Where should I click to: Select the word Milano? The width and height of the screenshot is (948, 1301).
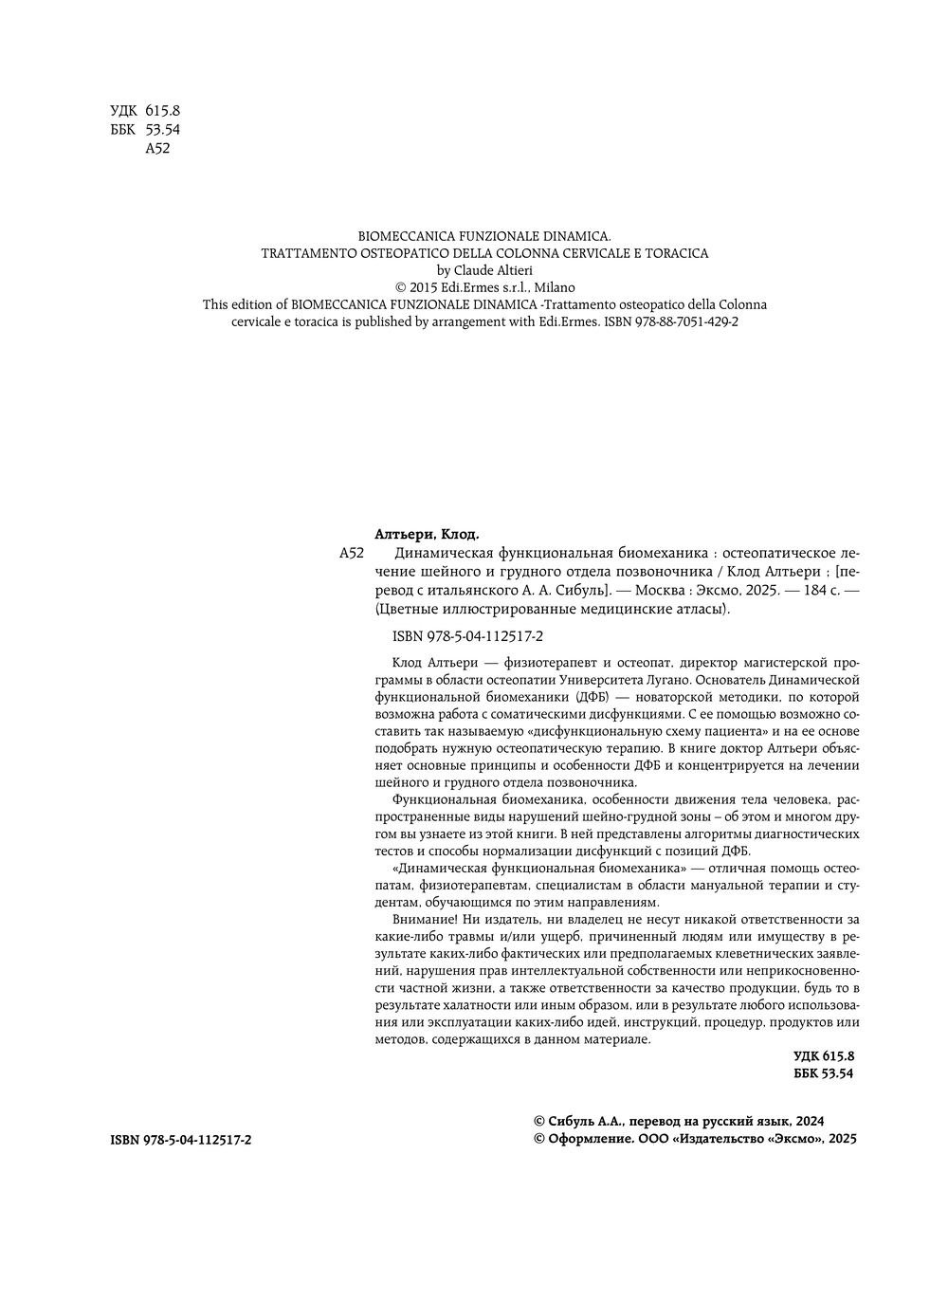(554, 287)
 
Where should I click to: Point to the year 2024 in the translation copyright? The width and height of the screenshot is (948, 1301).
(809, 1121)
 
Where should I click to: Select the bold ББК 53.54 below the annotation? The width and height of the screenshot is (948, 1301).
(823, 1072)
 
